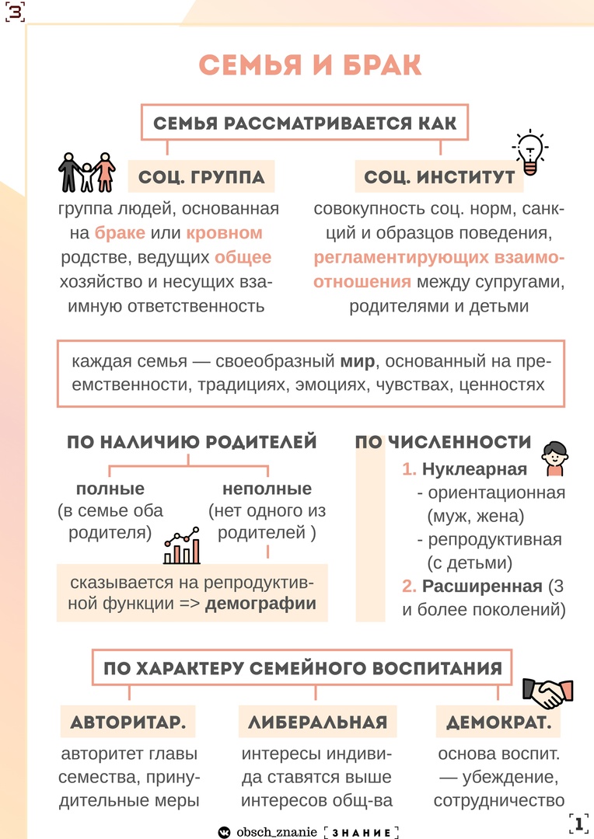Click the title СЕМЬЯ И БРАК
[x=310, y=66]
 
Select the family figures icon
[x=86, y=172]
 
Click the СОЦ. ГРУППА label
[x=201, y=178]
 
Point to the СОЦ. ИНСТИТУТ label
[x=439, y=178]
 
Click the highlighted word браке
[x=120, y=233]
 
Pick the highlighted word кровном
[x=225, y=233]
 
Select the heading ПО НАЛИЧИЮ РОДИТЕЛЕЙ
[x=191, y=443]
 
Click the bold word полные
[x=110, y=489]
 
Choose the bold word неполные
[x=267, y=489]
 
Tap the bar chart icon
[x=182, y=548]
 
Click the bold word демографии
[x=260, y=604]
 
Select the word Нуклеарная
[x=474, y=469]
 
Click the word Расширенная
[x=482, y=586]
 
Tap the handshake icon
[x=547, y=693]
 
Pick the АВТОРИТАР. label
[x=128, y=722]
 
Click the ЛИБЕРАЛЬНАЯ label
[x=317, y=722]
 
